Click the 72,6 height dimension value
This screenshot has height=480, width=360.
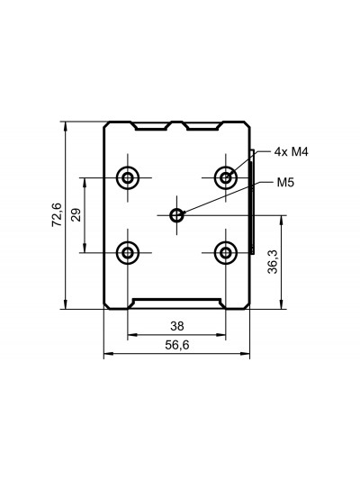[x=57, y=215]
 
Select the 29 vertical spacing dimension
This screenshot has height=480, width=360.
[x=76, y=215]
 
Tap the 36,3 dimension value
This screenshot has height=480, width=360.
[x=272, y=262]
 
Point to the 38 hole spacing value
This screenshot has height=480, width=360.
[x=177, y=326]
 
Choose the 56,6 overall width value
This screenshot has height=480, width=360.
[x=177, y=345]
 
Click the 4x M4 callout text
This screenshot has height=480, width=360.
[x=291, y=152]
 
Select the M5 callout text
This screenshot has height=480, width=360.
[x=285, y=183]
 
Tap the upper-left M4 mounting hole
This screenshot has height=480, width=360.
[x=128, y=177]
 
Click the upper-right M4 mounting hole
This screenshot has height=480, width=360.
[x=226, y=177]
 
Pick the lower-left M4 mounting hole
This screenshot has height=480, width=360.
[x=128, y=253]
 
